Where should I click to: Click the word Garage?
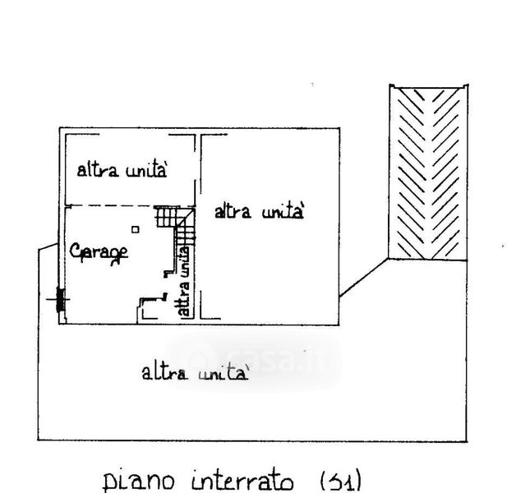(99, 252)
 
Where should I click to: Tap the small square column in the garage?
(136, 230)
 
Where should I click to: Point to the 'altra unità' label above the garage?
(122, 171)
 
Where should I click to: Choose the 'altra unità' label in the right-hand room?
(260, 212)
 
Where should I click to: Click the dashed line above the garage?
(107, 205)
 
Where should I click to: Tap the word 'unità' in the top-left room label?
(148, 171)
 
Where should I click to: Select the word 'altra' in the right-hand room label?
(233, 212)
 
